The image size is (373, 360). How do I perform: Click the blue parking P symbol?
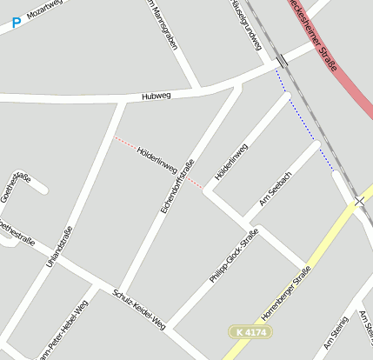[17, 22]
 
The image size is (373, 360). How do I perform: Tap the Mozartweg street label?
[45, 10]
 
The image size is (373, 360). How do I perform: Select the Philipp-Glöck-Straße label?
[234, 256]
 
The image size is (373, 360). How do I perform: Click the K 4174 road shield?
[248, 331]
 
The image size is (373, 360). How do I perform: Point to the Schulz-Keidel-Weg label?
[138, 309]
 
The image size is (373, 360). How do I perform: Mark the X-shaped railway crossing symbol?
[360, 201]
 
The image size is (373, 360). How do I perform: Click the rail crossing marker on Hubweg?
[281, 61]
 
